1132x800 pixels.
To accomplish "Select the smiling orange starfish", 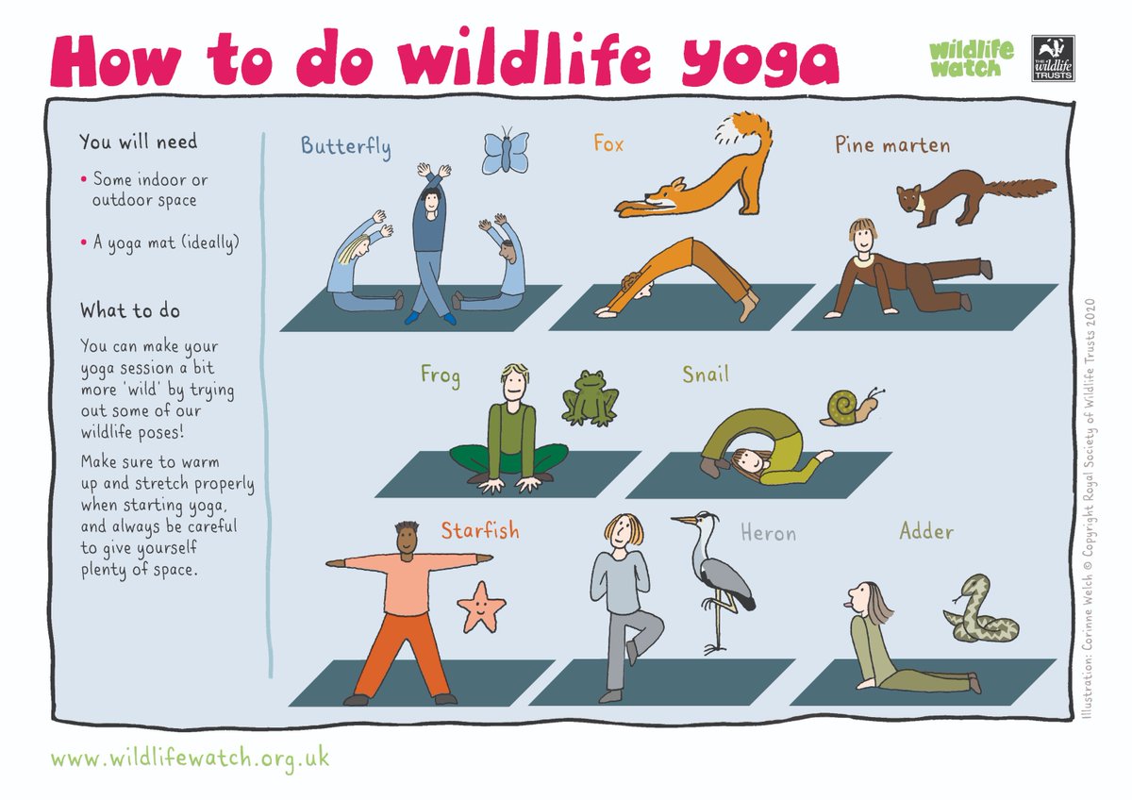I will tap(481, 607).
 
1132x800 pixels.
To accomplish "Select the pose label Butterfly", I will tap(345, 146).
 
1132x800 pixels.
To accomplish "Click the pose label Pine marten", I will tap(891, 145).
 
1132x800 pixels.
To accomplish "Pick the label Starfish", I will tap(479, 531).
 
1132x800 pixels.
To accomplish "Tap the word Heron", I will tap(768, 534).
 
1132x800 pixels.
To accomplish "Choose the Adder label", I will tap(926, 532).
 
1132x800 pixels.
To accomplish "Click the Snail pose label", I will tap(706, 375).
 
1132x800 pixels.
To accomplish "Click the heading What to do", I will tap(130, 309).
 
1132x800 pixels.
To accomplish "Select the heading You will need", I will tap(138, 142).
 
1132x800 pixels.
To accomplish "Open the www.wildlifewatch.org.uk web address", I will tap(190, 758).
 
